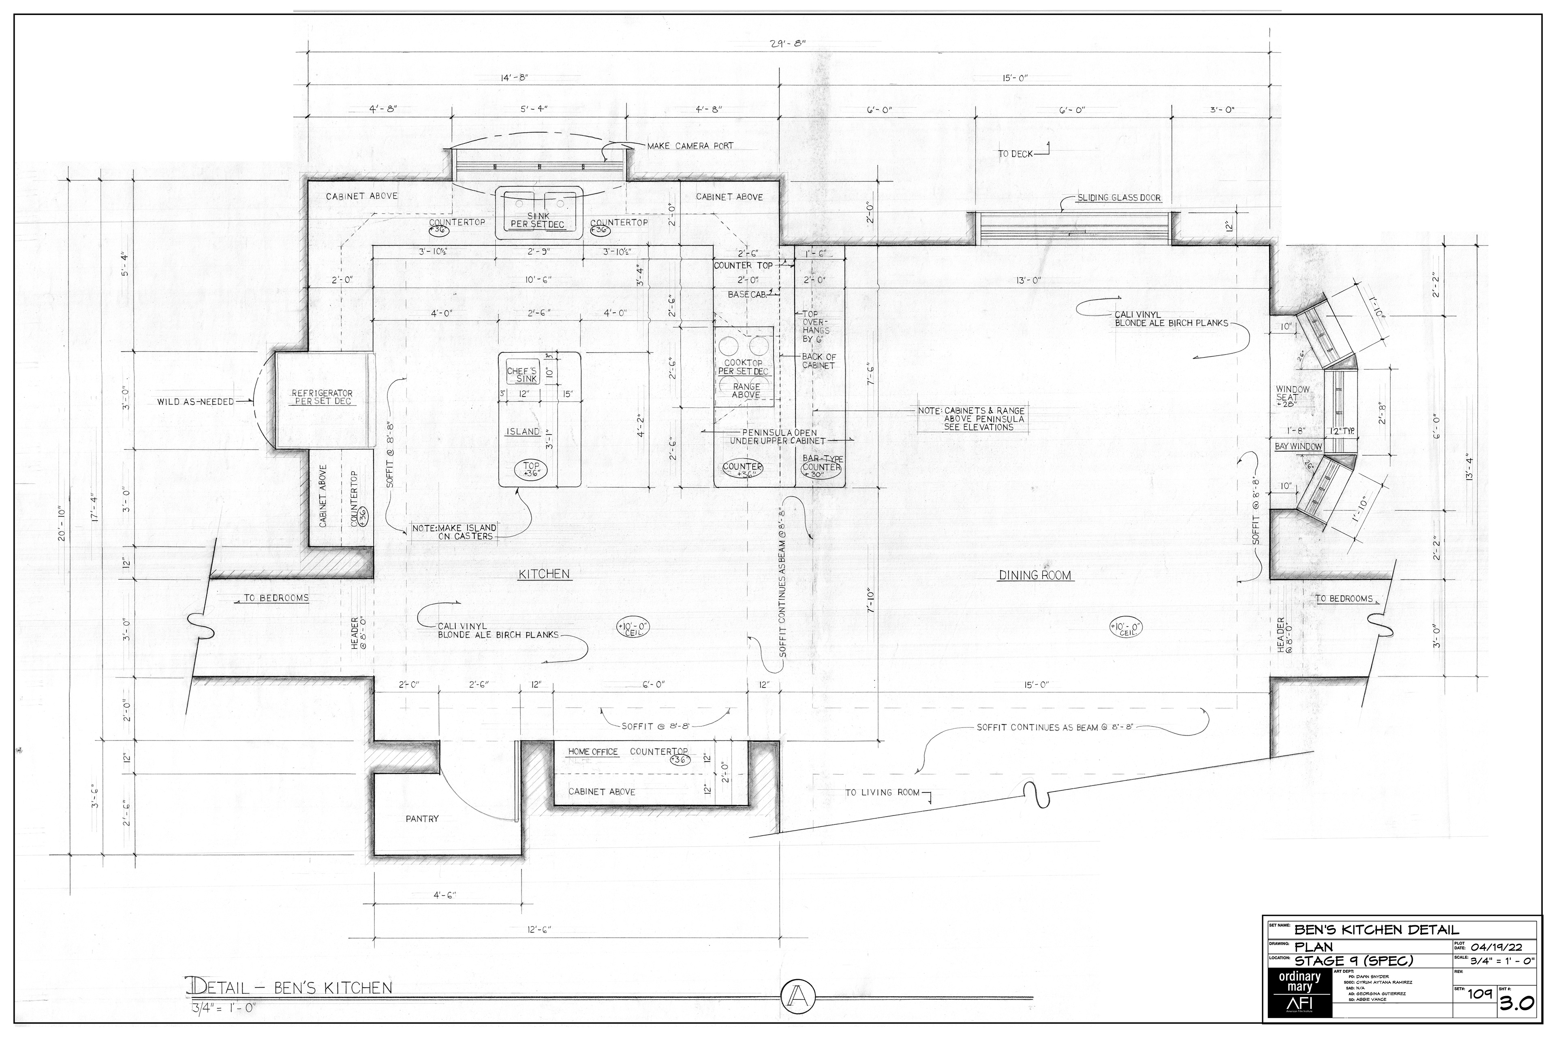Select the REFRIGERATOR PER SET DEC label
tap(322, 397)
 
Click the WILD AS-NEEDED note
tap(195, 401)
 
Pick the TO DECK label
tap(1015, 154)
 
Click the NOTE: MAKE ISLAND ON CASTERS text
tap(454, 532)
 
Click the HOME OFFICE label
tap(593, 752)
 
